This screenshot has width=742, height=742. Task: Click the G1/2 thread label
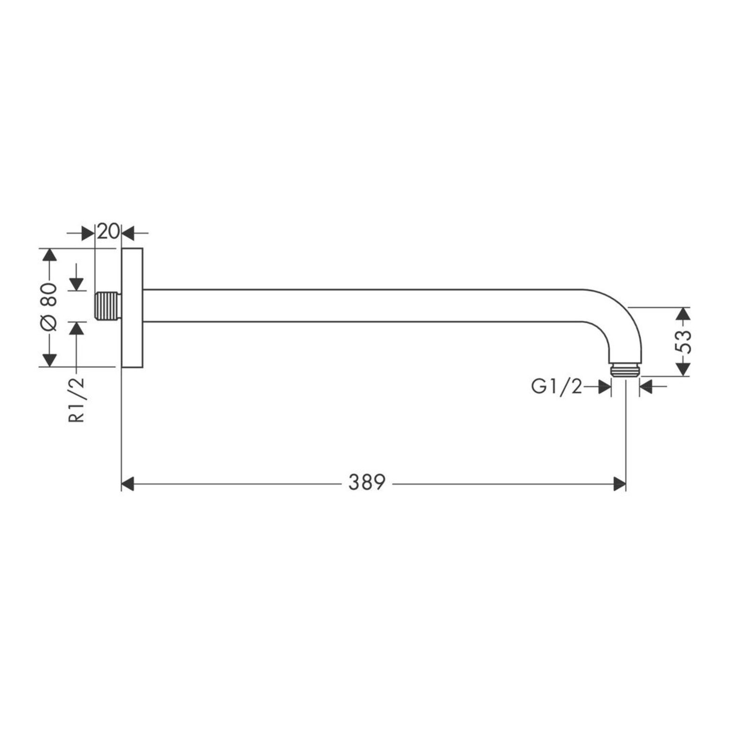click(x=556, y=386)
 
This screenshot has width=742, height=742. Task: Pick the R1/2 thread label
click(x=77, y=399)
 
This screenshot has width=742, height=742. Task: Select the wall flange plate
click(x=132, y=307)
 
